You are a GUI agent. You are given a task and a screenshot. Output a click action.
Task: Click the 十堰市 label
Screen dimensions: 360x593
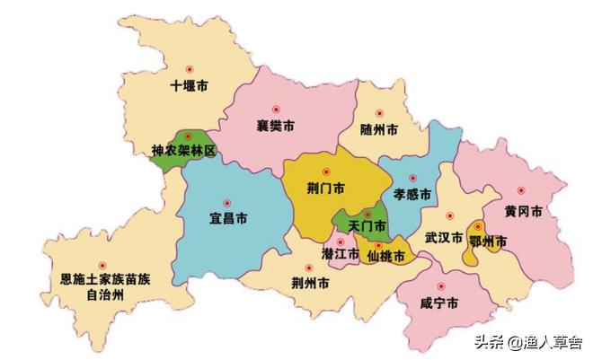189,87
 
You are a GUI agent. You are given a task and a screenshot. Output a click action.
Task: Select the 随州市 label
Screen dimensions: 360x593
378,130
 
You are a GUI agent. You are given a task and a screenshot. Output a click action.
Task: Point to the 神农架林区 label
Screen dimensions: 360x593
184,152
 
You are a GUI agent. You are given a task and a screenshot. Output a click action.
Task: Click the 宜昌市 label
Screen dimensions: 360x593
228,219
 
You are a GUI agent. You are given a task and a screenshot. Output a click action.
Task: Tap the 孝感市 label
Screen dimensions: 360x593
412,194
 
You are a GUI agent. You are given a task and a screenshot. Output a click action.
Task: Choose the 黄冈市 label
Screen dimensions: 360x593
523,212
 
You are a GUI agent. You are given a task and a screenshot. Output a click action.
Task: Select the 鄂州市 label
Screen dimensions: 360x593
489,241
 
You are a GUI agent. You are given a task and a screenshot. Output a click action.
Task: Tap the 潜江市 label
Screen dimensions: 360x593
341,256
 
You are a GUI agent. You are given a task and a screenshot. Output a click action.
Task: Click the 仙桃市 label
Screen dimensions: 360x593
387,257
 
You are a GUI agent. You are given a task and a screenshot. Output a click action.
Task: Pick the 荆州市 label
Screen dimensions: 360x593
310,284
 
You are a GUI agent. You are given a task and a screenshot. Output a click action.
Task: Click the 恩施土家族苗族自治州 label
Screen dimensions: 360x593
101,286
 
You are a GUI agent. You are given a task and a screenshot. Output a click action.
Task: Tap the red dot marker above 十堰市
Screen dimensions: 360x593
189,70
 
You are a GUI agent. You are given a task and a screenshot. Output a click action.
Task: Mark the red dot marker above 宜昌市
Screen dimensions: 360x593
227,202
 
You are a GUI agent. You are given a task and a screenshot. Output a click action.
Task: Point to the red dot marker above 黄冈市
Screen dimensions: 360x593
522,191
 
